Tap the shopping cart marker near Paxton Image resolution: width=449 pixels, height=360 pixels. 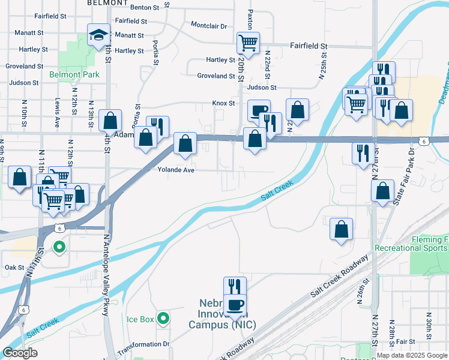(248, 43)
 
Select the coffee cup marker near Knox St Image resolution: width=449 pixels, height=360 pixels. (259, 110)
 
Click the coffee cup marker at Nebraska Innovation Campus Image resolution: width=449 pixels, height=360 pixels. (235, 304)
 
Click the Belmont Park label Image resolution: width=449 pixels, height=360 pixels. (74, 75)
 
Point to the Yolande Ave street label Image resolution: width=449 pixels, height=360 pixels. (176, 170)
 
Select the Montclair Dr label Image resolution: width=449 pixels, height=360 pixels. (208, 26)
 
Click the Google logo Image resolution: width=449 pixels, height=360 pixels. (20, 353)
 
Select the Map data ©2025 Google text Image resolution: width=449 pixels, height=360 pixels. (412, 355)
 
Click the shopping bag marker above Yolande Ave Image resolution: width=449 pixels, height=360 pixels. (185, 144)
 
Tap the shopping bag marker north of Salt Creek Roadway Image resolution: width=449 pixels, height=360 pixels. (341, 229)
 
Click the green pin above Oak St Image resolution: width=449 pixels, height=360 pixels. (59, 247)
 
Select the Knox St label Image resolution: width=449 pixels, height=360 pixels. (223, 103)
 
